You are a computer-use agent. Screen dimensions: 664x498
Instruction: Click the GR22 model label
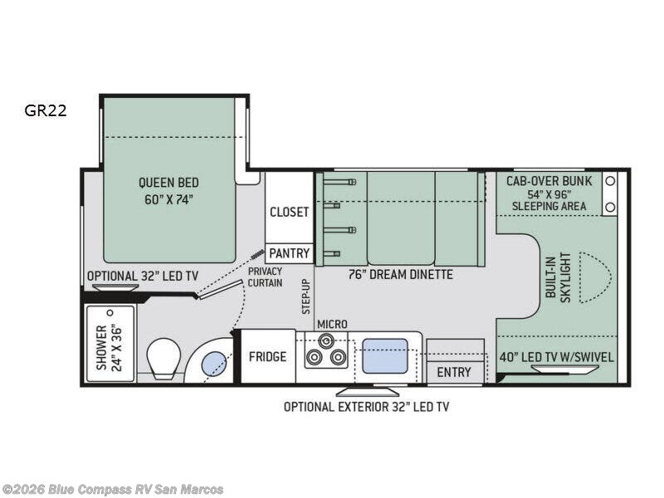point(46,110)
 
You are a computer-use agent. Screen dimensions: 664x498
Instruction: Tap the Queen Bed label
point(168,191)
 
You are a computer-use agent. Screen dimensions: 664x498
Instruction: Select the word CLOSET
point(289,212)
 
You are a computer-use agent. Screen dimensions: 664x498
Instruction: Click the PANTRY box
point(289,253)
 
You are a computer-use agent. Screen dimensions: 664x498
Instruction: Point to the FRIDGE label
point(267,357)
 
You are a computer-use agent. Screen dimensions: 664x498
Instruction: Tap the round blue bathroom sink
point(213,364)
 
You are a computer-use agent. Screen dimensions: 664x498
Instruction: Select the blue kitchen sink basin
point(385,356)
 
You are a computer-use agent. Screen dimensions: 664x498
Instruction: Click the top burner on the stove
point(325,340)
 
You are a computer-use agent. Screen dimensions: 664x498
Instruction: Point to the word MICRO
point(332,325)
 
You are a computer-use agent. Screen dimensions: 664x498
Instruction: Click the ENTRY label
point(454,372)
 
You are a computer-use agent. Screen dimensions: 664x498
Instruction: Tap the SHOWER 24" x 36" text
point(109,348)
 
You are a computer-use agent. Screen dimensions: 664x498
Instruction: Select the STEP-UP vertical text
point(305,296)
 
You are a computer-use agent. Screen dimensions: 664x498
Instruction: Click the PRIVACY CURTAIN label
point(265,277)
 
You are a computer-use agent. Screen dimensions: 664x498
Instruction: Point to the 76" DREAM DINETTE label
point(401,275)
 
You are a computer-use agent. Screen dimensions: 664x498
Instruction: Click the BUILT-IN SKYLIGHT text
point(558,278)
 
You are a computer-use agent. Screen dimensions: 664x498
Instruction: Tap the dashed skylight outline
point(611,277)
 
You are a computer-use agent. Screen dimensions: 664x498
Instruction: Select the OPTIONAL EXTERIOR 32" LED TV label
point(366,407)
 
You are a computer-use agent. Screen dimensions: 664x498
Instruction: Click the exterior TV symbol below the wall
point(368,392)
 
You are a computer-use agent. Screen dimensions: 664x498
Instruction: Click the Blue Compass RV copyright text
point(112,490)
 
